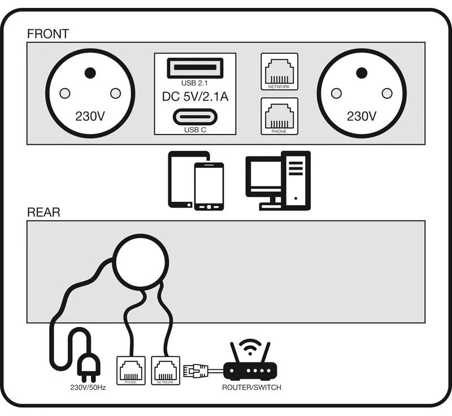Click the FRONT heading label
click(x=47, y=34)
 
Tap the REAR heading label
click(x=44, y=213)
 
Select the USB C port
click(x=195, y=117)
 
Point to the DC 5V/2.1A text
click(x=195, y=97)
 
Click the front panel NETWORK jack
click(x=279, y=69)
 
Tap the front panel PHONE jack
click(x=279, y=115)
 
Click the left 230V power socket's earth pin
click(x=89, y=73)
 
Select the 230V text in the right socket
click(x=362, y=116)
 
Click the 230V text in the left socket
click(x=90, y=116)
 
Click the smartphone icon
click(x=208, y=187)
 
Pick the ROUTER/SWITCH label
click(x=251, y=388)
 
